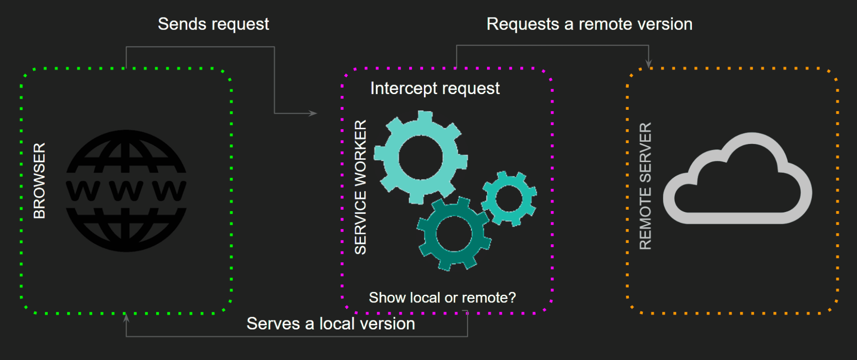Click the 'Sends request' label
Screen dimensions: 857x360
pos(213,24)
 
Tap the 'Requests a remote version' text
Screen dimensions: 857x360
pos(589,24)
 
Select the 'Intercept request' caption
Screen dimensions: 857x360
pos(435,89)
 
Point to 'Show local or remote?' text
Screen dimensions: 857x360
pos(442,297)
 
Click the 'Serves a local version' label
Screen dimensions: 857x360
pos(331,324)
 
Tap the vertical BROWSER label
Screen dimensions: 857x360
pos(40,181)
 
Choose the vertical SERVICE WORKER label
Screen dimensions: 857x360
pos(361,187)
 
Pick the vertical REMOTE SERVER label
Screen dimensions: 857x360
pos(645,186)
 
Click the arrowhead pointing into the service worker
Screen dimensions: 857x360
pos(313,113)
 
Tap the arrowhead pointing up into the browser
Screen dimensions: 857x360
pos(126,318)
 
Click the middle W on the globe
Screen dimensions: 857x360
pos(126,191)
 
